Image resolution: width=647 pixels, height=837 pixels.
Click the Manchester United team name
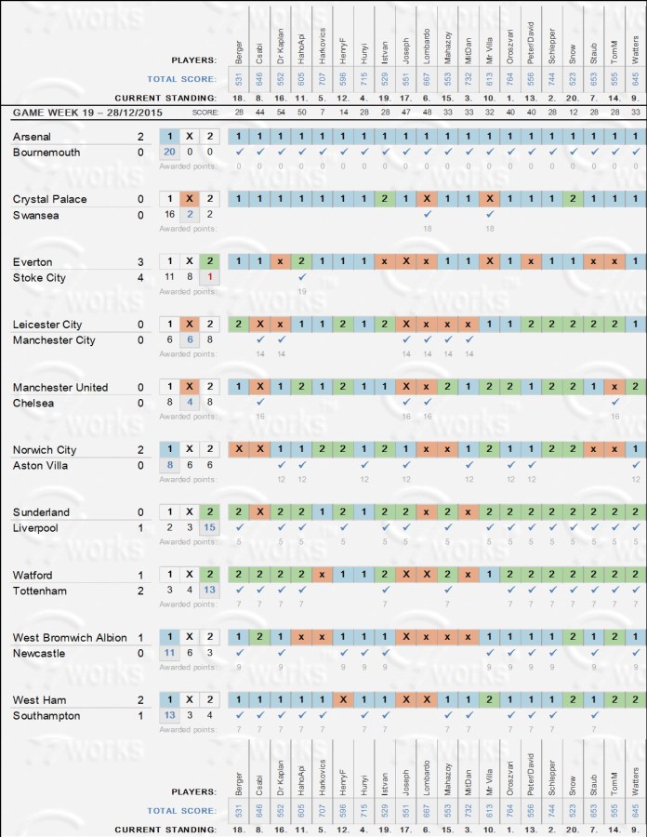60,387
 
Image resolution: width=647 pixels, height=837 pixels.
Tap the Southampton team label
46,716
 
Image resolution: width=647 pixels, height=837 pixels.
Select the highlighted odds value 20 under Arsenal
169,153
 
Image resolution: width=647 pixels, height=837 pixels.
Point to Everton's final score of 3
140,261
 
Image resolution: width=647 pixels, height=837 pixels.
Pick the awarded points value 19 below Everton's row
301,292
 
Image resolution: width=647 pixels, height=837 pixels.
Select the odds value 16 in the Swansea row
169,215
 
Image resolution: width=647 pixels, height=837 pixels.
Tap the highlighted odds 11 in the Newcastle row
169,654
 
